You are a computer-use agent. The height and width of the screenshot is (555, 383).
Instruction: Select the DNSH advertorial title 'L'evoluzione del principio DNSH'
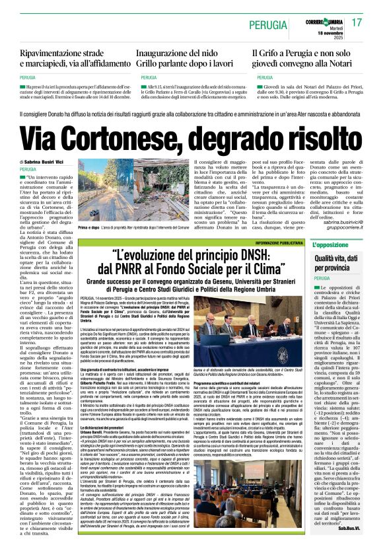coord(195,262)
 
